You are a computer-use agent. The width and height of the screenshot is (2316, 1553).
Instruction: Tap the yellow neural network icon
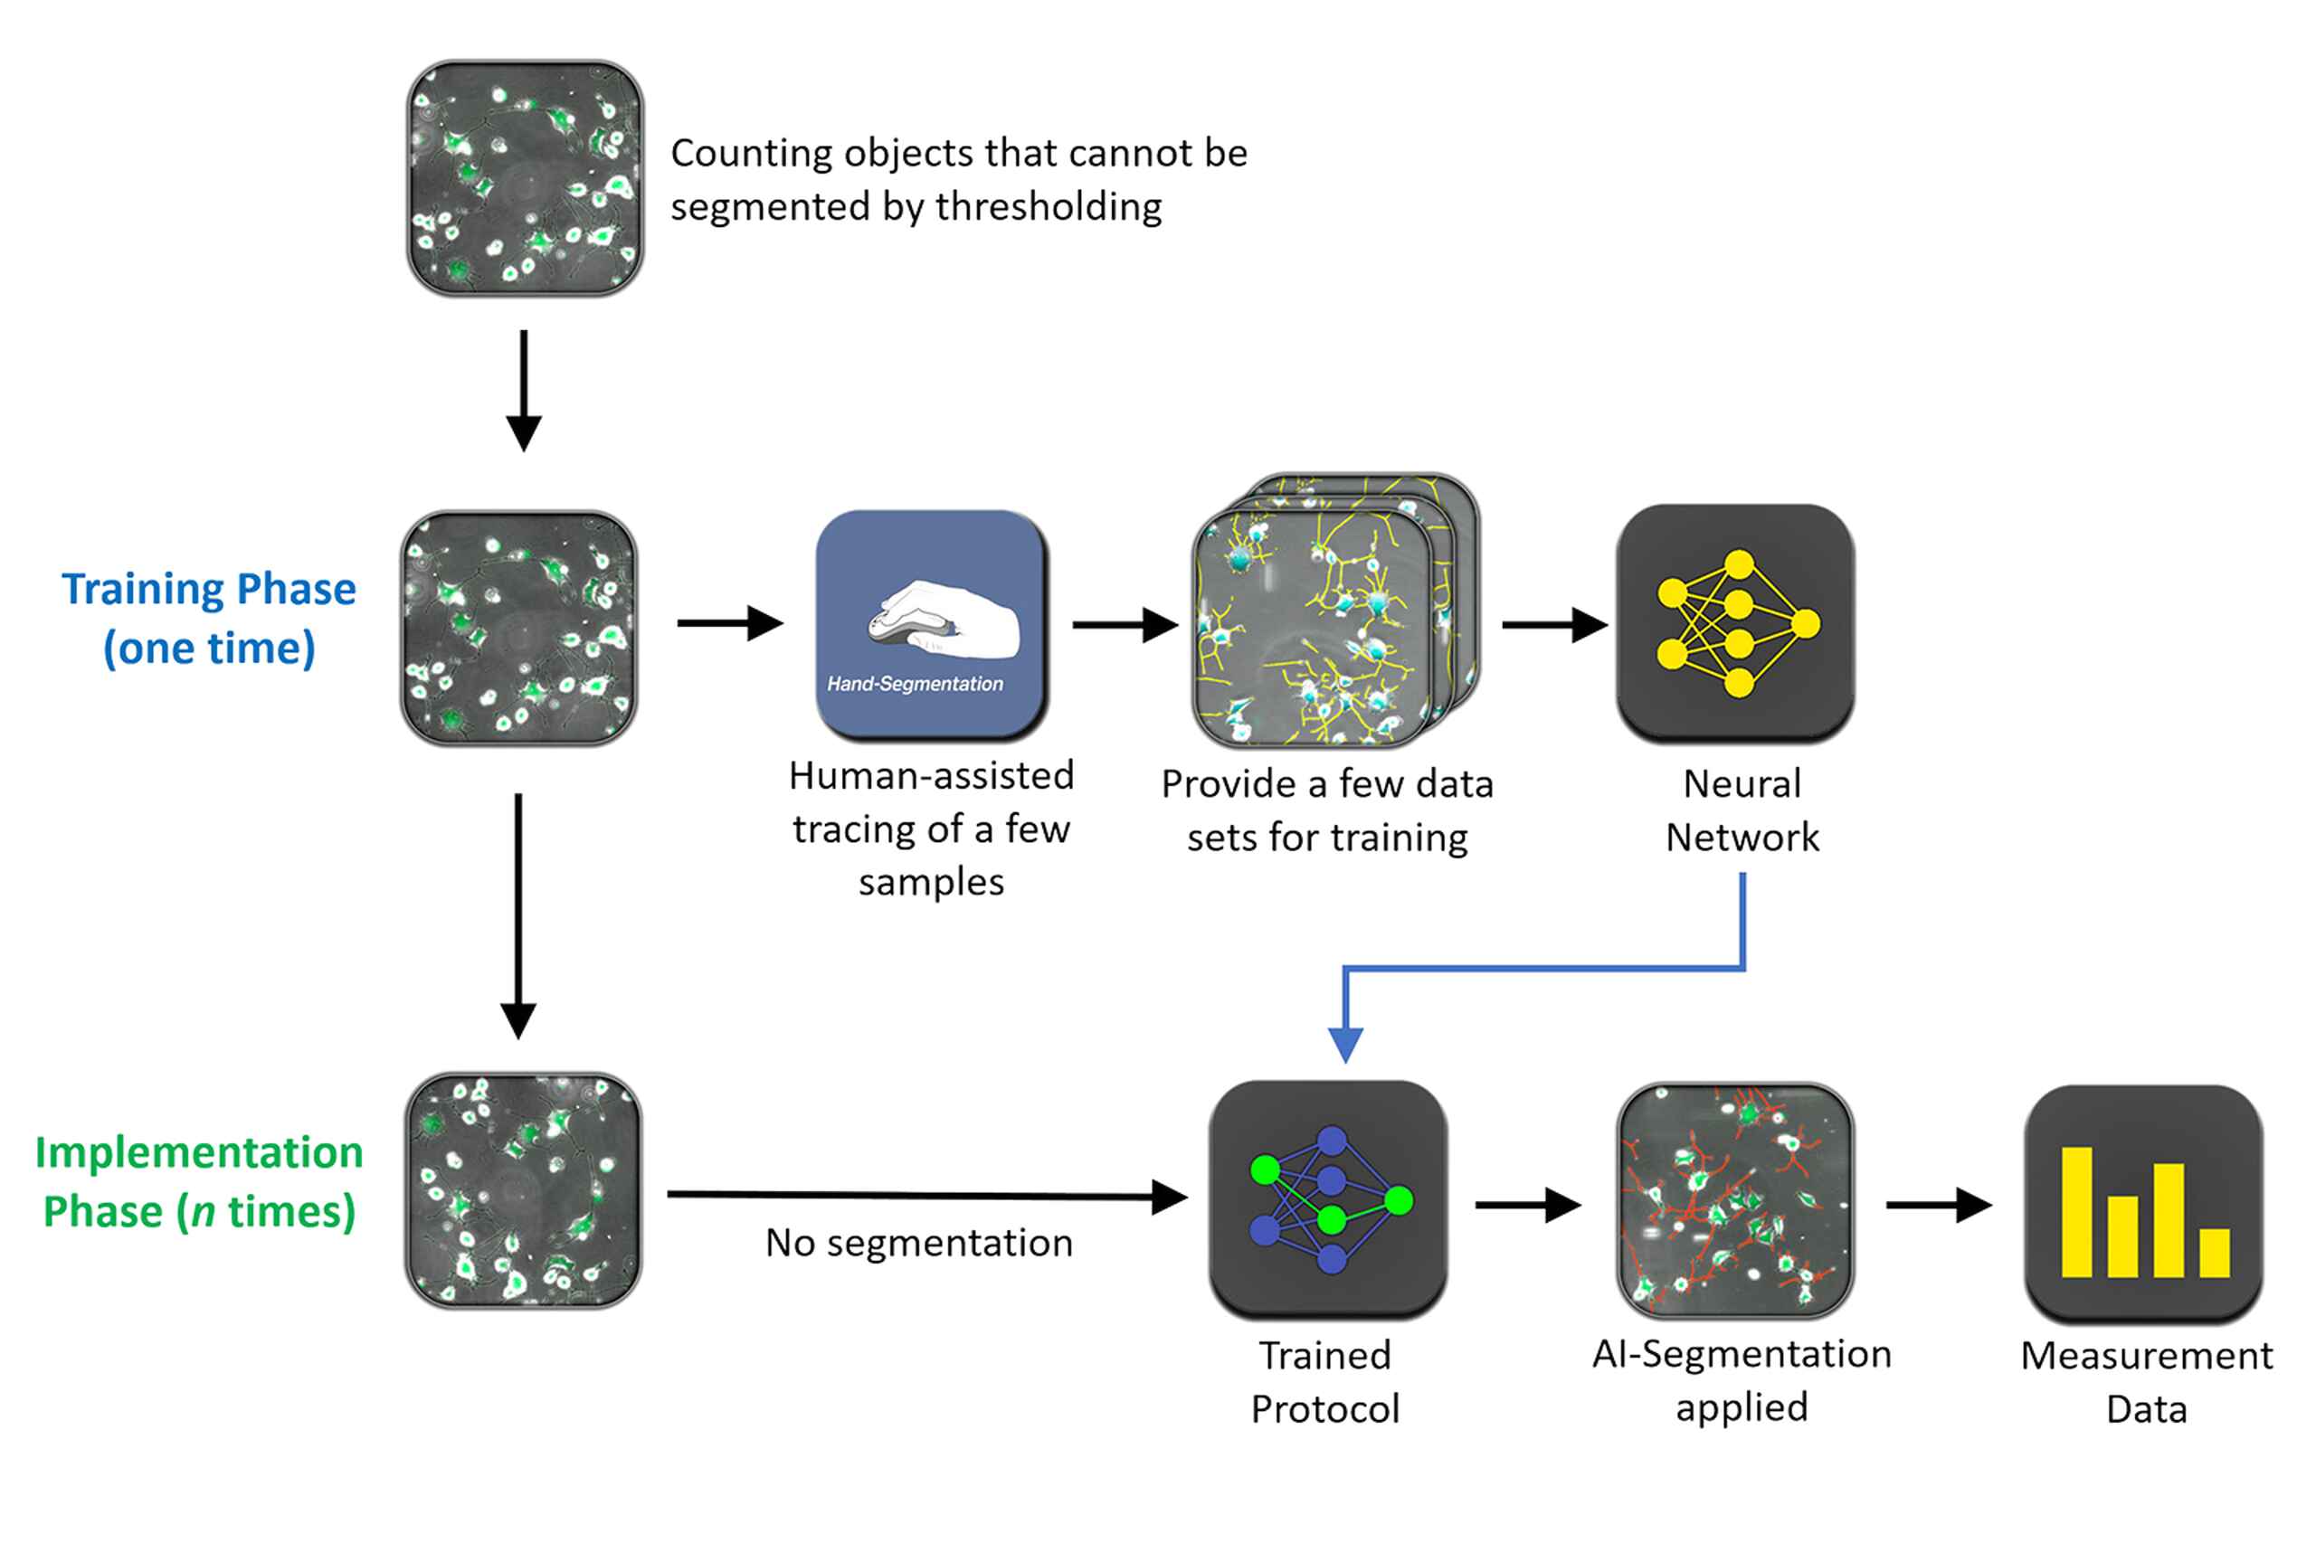point(1735,623)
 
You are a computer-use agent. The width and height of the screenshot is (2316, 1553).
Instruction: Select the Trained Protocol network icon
point(1326,1198)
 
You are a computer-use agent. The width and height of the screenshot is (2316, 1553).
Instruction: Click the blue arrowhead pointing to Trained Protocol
point(1344,1044)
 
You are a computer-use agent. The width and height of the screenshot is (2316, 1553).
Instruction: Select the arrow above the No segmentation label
point(926,1196)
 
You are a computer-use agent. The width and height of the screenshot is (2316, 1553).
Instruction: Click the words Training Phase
point(208,588)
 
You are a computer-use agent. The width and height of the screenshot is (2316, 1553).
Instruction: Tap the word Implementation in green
point(198,1152)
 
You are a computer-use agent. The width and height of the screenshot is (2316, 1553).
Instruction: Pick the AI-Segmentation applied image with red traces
point(1734,1199)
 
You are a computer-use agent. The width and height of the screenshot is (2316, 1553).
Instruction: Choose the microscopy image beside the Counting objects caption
point(524,178)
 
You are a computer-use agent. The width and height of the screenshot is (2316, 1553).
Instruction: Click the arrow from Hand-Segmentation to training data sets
point(1125,625)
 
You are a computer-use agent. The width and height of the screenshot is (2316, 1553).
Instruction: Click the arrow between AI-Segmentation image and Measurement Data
point(1938,1205)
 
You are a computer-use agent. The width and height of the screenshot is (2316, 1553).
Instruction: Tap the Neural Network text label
point(1741,810)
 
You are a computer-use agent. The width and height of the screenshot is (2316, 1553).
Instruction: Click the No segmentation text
point(918,1242)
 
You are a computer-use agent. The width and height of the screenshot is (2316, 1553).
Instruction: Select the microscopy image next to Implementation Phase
point(522,1189)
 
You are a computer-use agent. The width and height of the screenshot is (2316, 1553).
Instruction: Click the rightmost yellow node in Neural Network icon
point(1805,624)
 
